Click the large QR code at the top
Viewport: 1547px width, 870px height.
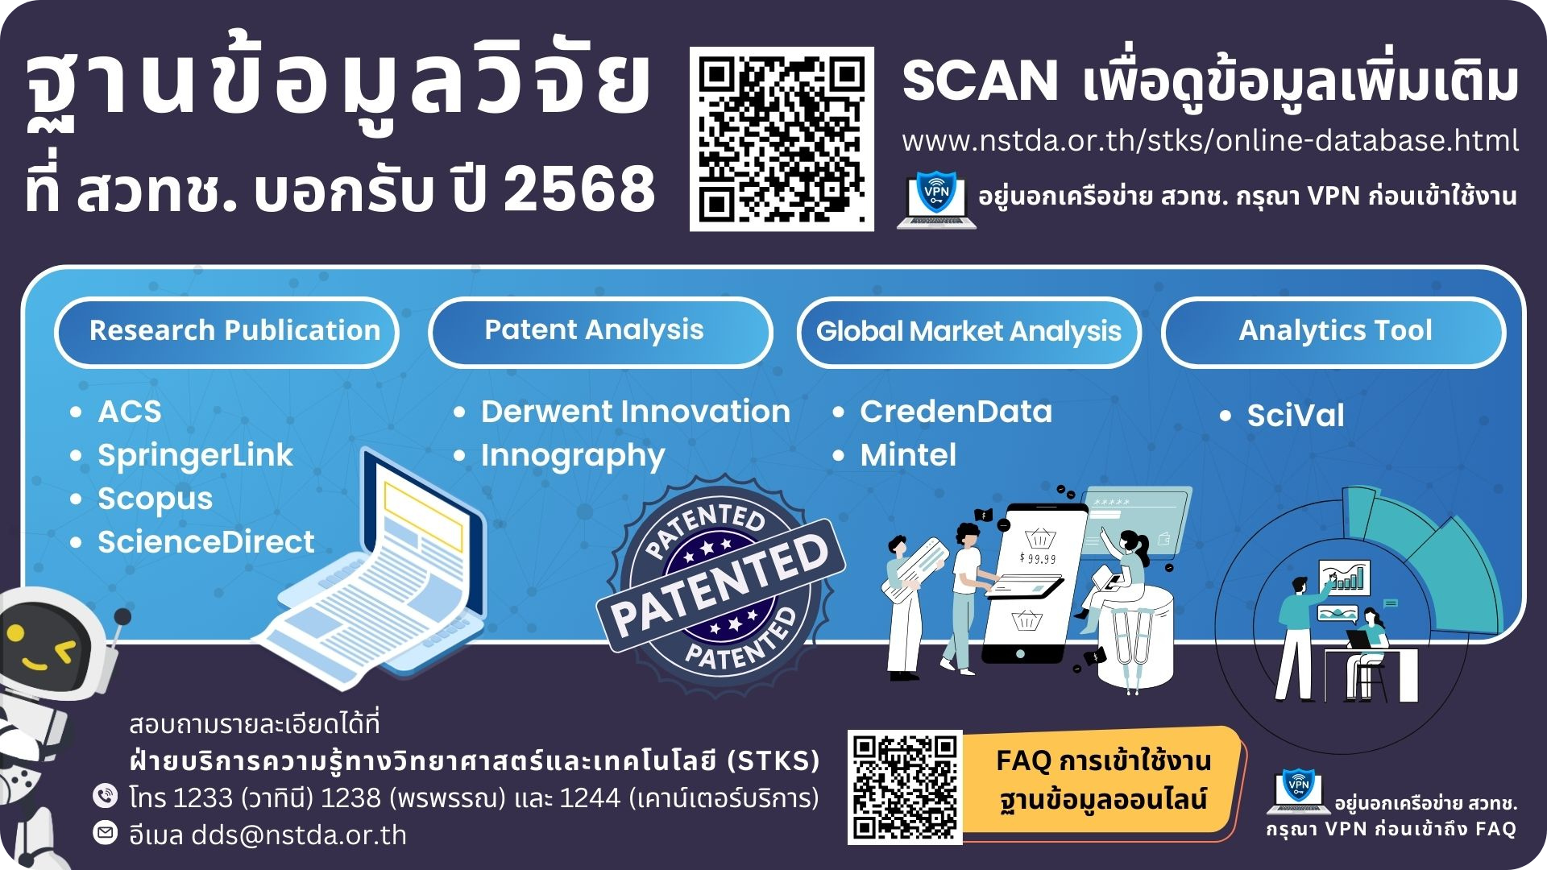click(x=782, y=139)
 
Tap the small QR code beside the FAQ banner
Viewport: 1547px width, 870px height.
click(x=905, y=788)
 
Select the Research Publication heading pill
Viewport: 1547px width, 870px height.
click(x=226, y=332)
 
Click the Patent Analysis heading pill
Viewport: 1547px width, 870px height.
click(x=600, y=332)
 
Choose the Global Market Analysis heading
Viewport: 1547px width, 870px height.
click(x=969, y=332)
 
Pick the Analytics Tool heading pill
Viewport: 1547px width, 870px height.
click(x=1333, y=332)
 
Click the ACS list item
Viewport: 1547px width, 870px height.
click(x=129, y=412)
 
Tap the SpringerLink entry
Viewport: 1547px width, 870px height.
click(x=195, y=456)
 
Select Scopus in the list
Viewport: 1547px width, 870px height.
click(x=155, y=499)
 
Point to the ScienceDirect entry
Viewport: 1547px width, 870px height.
click(x=205, y=542)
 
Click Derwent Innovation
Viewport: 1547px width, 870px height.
click(x=635, y=412)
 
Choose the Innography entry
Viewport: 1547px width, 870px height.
click(x=573, y=456)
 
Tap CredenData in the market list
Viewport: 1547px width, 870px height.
click(x=956, y=412)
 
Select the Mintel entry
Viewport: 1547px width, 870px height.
click(x=908, y=455)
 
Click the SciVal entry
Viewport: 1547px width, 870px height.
click(x=1296, y=416)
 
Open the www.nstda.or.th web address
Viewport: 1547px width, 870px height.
click(x=1210, y=141)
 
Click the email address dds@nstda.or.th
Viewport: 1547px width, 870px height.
click(x=299, y=835)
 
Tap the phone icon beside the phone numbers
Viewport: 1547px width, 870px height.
click(x=105, y=796)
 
